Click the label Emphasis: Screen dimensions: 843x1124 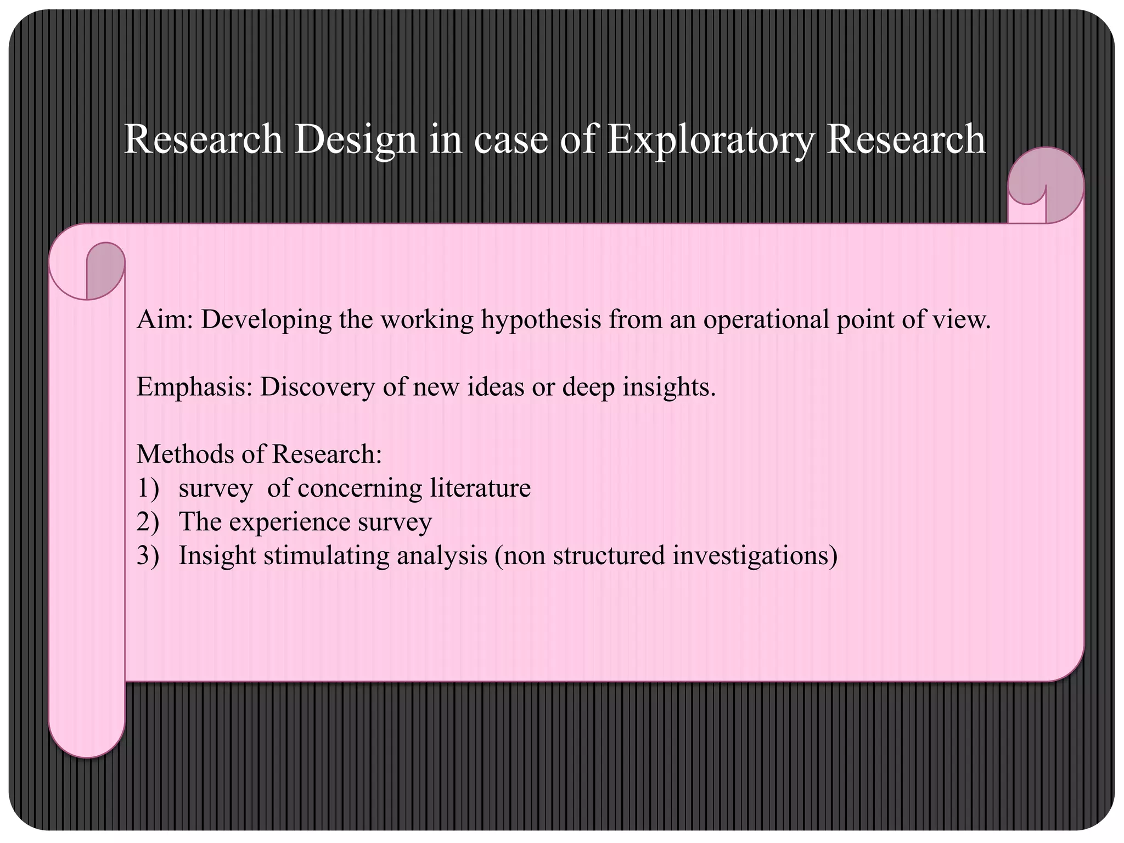(194, 387)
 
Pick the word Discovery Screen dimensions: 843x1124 (317, 387)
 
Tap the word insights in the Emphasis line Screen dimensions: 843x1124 (669, 387)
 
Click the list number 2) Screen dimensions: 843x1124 (148, 522)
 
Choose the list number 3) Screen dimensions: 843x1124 (148, 555)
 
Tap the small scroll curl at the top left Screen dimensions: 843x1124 (104, 270)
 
